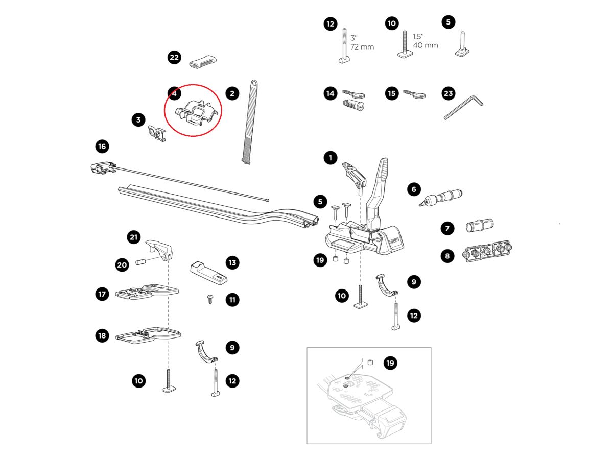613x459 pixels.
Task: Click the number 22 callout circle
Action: pos(174,57)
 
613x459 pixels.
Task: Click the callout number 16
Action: pos(102,147)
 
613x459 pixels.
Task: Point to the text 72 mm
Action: pos(362,47)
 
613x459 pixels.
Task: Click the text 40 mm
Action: pos(426,45)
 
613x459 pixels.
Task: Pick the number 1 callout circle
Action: pos(331,158)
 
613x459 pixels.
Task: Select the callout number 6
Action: pos(414,189)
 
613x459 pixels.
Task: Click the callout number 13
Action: pos(232,263)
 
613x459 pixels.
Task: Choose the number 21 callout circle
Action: pos(134,237)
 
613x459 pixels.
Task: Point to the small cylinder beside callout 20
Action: pos(140,262)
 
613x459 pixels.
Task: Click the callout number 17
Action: pos(102,294)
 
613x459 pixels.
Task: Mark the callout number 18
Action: pos(102,335)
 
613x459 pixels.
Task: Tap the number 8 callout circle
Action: pos(447,256)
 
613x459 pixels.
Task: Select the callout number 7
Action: pos(447,228)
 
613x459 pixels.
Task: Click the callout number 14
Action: pos(331,93)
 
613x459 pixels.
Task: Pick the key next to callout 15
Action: pos(414,94)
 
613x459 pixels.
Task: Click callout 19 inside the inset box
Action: pos(390,363)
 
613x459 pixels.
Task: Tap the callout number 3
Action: pos(138,120)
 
